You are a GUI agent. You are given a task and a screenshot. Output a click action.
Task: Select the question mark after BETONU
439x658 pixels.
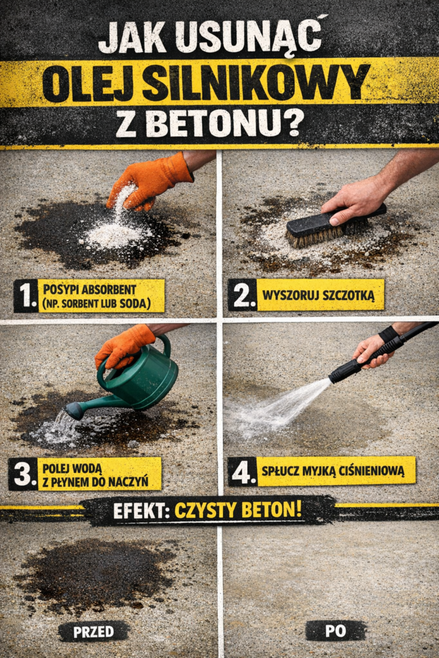pos(294,122)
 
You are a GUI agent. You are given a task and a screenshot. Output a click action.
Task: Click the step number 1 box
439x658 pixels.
pos(25,295)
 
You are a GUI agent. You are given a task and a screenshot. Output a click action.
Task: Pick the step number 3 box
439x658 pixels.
pos(22,474)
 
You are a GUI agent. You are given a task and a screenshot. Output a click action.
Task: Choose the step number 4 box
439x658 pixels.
pos(243,471)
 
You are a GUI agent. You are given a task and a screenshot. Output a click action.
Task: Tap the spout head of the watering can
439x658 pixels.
pos(73,411)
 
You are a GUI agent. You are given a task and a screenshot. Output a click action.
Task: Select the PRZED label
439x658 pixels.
pos(93,631)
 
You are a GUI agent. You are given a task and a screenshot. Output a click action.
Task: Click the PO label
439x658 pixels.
pos(335,630)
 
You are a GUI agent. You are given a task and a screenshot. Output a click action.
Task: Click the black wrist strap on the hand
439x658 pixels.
pos(389,334)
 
